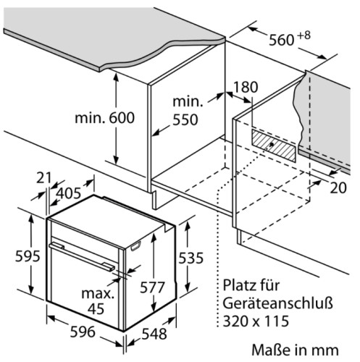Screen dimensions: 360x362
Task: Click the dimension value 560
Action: tap(282, 40)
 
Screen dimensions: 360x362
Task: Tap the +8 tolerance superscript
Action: tap(304, 35)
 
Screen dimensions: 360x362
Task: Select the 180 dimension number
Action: tap(246, 87)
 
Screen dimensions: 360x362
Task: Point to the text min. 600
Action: tap(104, 118)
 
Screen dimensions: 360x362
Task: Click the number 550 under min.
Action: tap(185, 119)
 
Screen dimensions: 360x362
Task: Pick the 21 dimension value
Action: tap(44, 178)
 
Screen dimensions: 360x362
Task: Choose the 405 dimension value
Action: tap(69, 193)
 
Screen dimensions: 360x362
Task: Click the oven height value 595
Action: tap(28, 256)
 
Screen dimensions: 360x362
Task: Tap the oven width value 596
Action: tap(83, 332)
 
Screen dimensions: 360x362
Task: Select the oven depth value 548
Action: tap(154, 334)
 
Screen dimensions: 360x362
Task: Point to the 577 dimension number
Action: tap(152, 287)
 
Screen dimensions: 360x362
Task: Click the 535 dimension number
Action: tap(191, 258)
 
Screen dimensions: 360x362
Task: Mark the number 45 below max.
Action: tap(96, 308)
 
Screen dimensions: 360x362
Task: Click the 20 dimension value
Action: tap(338, 188)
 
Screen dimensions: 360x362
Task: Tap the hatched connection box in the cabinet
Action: tap(273, 146)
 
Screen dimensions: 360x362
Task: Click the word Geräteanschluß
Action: tap(277, 303)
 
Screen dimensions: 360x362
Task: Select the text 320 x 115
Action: tap(256, 321)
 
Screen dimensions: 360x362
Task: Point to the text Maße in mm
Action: tap(295, 350)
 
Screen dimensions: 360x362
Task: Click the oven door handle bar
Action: tap(82, 257)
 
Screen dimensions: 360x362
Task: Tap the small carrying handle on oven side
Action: tap(135, 246)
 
